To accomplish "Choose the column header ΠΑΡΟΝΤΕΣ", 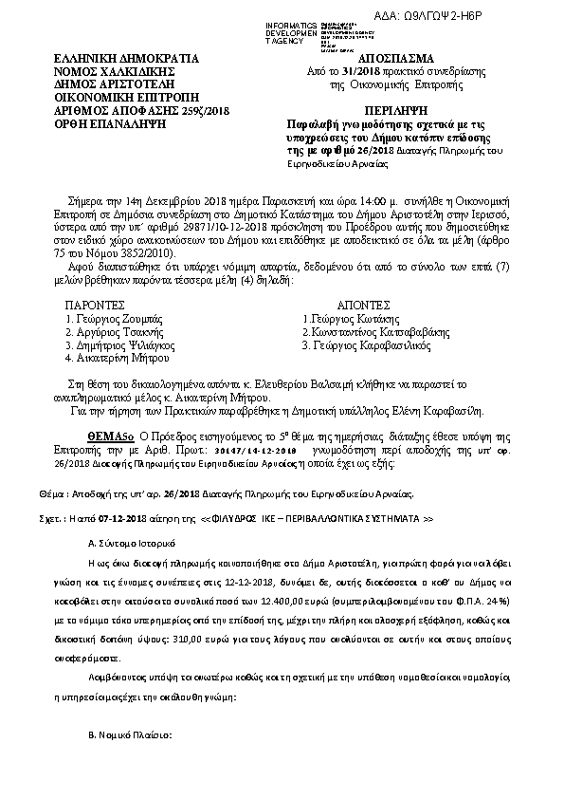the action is tap(96, 307).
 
